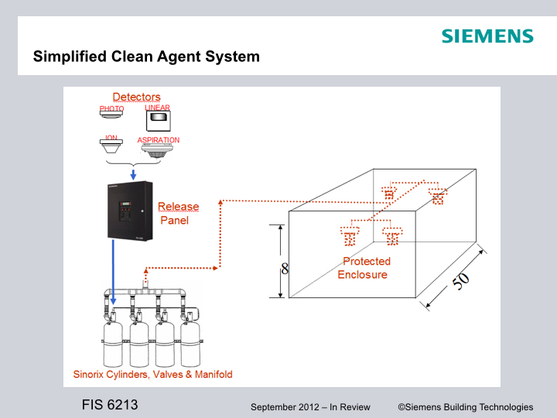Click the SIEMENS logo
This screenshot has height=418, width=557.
pos(487,36)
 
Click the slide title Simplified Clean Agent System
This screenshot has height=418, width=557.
pos(146,57)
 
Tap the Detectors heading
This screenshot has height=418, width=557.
pos(137,97)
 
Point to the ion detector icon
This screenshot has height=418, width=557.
pos(111,148)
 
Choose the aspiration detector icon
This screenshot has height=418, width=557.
pos(158,150)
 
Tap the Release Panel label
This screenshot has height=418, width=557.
pos(177,213)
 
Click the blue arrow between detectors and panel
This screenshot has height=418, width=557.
pos(133,176)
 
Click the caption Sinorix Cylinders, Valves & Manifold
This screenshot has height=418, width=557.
pos(152,374)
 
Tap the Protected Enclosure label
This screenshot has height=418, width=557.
pos(364,268)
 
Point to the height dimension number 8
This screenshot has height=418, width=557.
pos(285,269)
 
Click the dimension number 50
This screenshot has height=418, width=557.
pos(460,280)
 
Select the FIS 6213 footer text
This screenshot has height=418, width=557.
pos(110,405)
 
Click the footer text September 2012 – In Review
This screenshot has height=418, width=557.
pos(310,407)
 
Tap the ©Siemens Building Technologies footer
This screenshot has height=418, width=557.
pos(465,407)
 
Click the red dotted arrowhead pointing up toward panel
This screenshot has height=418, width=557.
pos(220,202)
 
